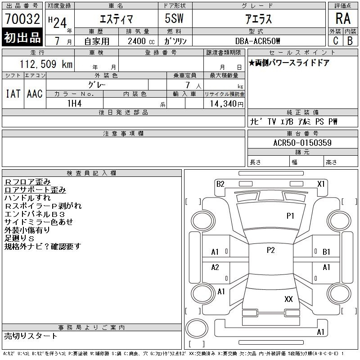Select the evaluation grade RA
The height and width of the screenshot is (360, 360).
pos(343,19)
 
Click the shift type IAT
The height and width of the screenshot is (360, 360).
pos(13,94)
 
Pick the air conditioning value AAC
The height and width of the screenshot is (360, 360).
pos(35,94)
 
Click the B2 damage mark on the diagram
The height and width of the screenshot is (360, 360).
pos(220,184)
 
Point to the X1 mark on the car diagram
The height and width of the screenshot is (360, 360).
pos(321,184)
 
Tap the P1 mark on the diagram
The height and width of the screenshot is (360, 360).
pos(290,216)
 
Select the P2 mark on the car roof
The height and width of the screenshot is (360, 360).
pos(270,251)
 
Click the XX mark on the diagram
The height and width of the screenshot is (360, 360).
pos(289,299)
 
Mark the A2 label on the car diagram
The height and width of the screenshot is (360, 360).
pos(215,267)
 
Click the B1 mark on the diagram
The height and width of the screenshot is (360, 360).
pos(326,252)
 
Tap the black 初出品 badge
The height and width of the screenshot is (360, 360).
pos(22,38)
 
